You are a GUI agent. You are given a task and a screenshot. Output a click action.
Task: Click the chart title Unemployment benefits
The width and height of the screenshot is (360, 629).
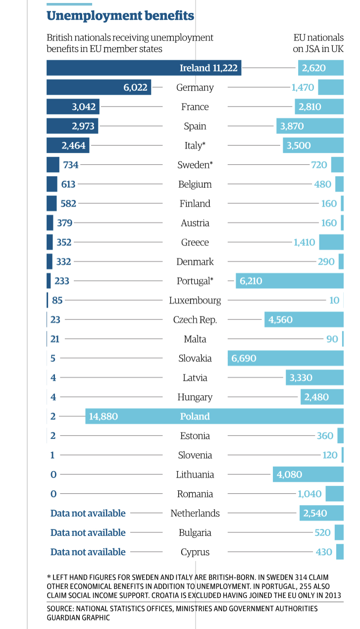[x=120, y=16]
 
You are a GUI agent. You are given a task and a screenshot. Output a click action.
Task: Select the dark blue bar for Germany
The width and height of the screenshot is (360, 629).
[x=99, y=87]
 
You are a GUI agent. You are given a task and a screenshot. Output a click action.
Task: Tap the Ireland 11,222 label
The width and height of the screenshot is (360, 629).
[x=208, y=68]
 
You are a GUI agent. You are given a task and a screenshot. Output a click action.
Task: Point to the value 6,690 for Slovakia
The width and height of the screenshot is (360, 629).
[x=242, y=358]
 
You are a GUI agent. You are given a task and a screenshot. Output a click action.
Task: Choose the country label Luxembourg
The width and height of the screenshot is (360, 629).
[x=195, y=300]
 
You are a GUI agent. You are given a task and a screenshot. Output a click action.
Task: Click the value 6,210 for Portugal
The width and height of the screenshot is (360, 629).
[x=251, y=281]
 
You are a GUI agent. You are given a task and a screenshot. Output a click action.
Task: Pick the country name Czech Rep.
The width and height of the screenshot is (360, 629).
[x=195, y=319]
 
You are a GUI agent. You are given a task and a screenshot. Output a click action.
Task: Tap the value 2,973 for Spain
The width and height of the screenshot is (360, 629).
[x=83, y=126]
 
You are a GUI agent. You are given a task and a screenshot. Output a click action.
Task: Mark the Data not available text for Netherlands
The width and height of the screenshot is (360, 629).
[x=88, y=513]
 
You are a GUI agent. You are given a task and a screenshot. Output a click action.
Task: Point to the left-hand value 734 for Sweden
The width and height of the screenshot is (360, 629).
[x=70, y=164]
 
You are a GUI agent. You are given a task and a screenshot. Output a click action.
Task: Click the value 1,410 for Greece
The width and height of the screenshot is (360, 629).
[x=305, y=242]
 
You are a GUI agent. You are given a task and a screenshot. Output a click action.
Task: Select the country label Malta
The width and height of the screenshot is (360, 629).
[x=195, y=339]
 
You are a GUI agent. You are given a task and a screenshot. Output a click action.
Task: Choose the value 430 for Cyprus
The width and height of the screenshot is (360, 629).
[x=324, y=552]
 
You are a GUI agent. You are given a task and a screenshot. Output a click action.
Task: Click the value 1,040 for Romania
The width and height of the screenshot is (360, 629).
[x=309, y=494]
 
